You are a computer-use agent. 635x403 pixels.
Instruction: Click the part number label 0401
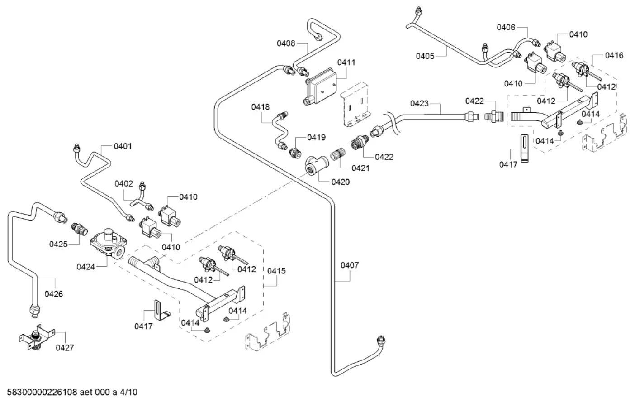click(x=123, y=146)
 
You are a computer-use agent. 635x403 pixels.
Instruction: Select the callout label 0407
click(x=350, y=265)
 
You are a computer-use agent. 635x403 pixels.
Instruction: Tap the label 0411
click(x=346, y=62)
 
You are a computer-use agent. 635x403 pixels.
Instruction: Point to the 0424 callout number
click(x=85, y=267)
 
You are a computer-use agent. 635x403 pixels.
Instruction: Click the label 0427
click(x=65, y=348)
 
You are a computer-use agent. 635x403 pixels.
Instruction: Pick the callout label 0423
click(x=419, y=103)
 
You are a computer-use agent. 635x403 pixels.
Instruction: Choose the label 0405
click(x=425, y=56)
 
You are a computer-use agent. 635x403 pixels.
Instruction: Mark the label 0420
click(x=340, y=182)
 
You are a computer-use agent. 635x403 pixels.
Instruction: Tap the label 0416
click(x=614, y=55)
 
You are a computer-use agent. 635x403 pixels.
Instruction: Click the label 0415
click(x=276, y=271)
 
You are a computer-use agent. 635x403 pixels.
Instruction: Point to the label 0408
click(x=286, y=43)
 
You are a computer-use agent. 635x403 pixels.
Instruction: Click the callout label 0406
click(x=506, y=27)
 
